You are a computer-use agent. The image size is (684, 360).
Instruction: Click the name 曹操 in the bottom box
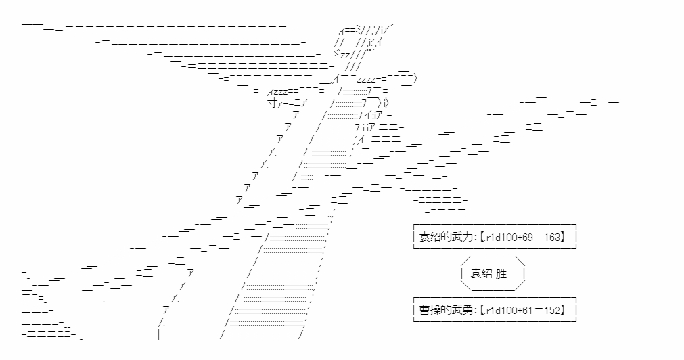[429, 311]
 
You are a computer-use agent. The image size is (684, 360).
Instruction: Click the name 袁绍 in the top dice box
[429, 238]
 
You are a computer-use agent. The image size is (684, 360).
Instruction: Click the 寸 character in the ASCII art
[271, 102]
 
